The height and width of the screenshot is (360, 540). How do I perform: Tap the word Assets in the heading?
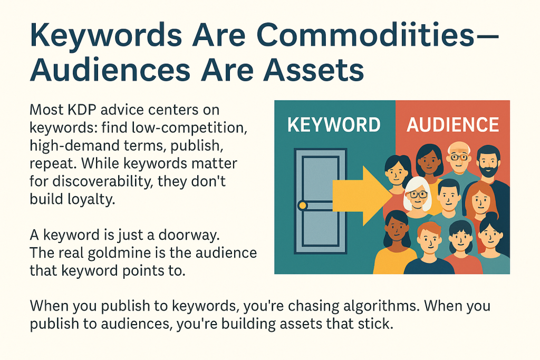[x=313, y=70]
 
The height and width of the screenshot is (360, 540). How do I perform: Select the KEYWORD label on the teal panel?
[x=334, y=124]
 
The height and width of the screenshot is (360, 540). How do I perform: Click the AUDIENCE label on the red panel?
[x=452, y=124]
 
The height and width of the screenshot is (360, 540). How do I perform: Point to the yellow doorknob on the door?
[x=302, y=206]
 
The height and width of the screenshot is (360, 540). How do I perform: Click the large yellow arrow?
[x=362, y=196]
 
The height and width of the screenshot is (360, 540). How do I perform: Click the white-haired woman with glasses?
[x=417, y=196]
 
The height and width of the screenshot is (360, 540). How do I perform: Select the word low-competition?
[x=189, y=128]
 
